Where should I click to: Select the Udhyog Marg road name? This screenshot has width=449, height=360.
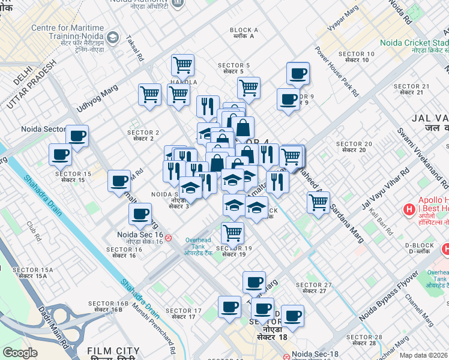tap(97, 98)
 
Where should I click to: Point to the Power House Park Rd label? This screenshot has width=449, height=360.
tap(337, 71)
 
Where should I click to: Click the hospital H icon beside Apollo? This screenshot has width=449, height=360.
tap(409, 210)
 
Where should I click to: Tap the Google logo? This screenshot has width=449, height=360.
tap(20, 353)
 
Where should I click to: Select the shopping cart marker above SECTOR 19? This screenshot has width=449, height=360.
tap(232, 232)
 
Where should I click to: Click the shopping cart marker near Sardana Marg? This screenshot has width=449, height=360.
tap(318, 202)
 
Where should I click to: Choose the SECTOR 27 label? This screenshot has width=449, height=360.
tap(314, 288)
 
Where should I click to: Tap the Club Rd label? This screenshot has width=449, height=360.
tap(32, 227)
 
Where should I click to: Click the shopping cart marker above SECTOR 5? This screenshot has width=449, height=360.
tap(182, 64)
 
